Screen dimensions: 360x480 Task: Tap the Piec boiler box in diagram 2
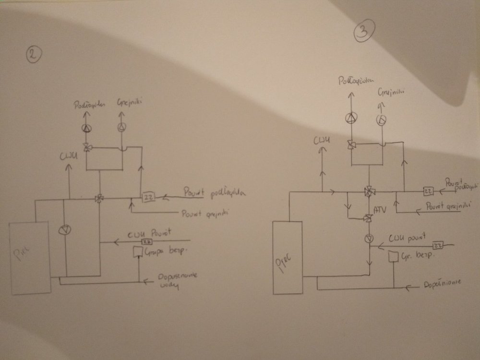30,258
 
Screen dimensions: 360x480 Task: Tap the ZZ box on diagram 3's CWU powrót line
436,245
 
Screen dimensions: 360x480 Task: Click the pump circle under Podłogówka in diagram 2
87,128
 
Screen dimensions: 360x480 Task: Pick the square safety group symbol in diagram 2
138,251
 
